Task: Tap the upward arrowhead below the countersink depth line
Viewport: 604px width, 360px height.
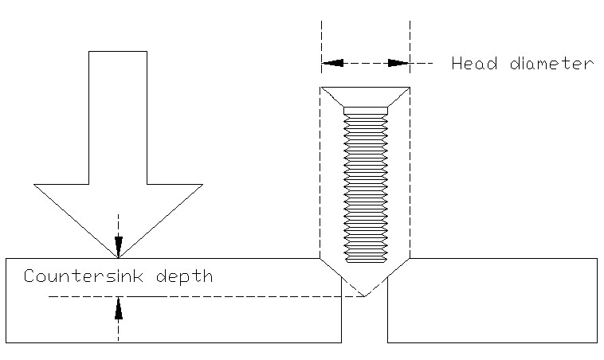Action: pyautogui.click(x=118, y=307)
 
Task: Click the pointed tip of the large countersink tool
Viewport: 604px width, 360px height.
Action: pyautogui.click(x=118, y=257)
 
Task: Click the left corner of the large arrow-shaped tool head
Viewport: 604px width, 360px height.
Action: pyautogui.click(x=36, y=185)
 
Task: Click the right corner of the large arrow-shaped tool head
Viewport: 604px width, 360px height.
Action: pyautogui.click(x=201, y=185)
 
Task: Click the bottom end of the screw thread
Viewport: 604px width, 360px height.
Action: pyautogui.click(x=365, y=260)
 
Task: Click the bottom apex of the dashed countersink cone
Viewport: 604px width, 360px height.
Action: pyautogui.click(x=365, y=297)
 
